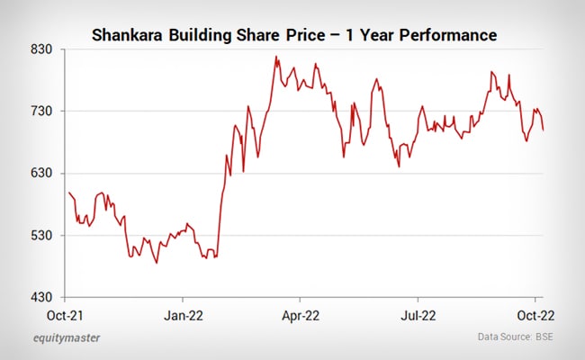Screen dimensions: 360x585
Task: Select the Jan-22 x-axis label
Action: pyautogui.click(x=184, y=316)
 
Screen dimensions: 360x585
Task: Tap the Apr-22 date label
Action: pyautogui.click(x=301, y=316)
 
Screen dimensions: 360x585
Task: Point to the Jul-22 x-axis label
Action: pyautogui.click(x=418, y=316)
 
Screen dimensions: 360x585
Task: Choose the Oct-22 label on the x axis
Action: pyautogui.click(x=535, y=316)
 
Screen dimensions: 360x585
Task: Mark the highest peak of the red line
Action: pyautogui.click(x=276, y=58)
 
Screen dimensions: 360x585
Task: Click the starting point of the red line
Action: pyautogui.click(x=69, y=193)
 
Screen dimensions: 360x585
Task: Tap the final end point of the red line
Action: pyautogui.click(x=543, y=130)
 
